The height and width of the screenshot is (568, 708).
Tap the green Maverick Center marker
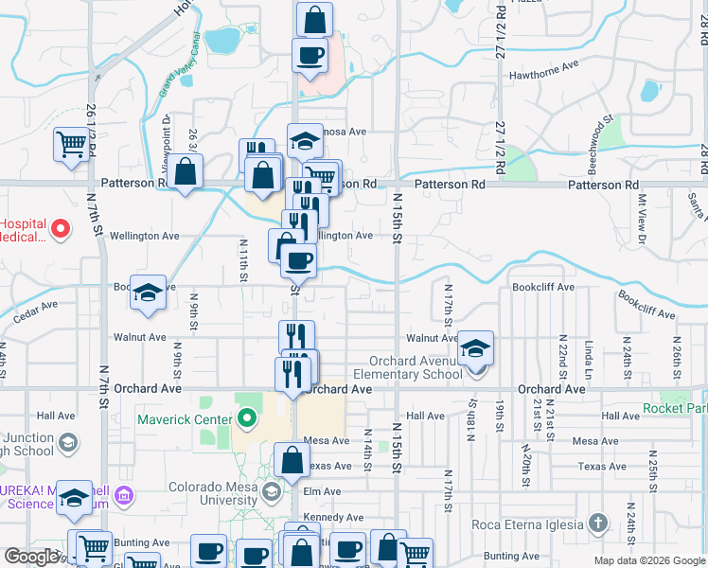(x=248, y=417)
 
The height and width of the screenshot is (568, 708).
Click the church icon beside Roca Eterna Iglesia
(x=597, y=523)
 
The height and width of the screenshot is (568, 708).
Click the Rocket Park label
(x=674, y=408)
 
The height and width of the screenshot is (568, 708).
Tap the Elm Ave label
(x=323, y=492)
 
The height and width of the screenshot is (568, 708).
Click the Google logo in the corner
(x=31, y=557)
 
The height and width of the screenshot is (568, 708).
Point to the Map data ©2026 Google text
(x=648, y=560)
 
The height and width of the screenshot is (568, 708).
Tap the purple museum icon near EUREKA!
(x=122, y=494)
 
